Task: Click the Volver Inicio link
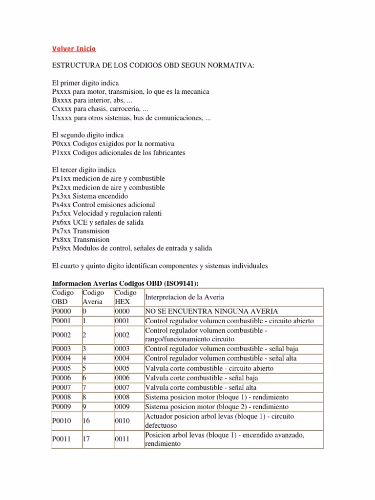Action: [x=74, y=48]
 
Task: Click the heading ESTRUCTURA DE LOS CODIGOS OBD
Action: [x=153, y=65]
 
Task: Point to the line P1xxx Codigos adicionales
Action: [x=119, y=152]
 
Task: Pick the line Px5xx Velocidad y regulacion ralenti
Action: [x=106, y=213]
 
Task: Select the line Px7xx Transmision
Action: [x=81, y=231]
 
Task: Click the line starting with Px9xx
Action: [x=132, y=248]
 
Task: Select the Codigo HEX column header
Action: [x=123, y=297]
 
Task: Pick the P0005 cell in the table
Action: [x=62, y=368]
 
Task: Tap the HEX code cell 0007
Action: [x=123, y=387]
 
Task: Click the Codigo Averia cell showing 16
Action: [x=88, y=421]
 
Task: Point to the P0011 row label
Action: [x=62, y=439]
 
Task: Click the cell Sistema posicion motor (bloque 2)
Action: [x=216, y=406]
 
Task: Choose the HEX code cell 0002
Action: [x=123, y=335]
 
